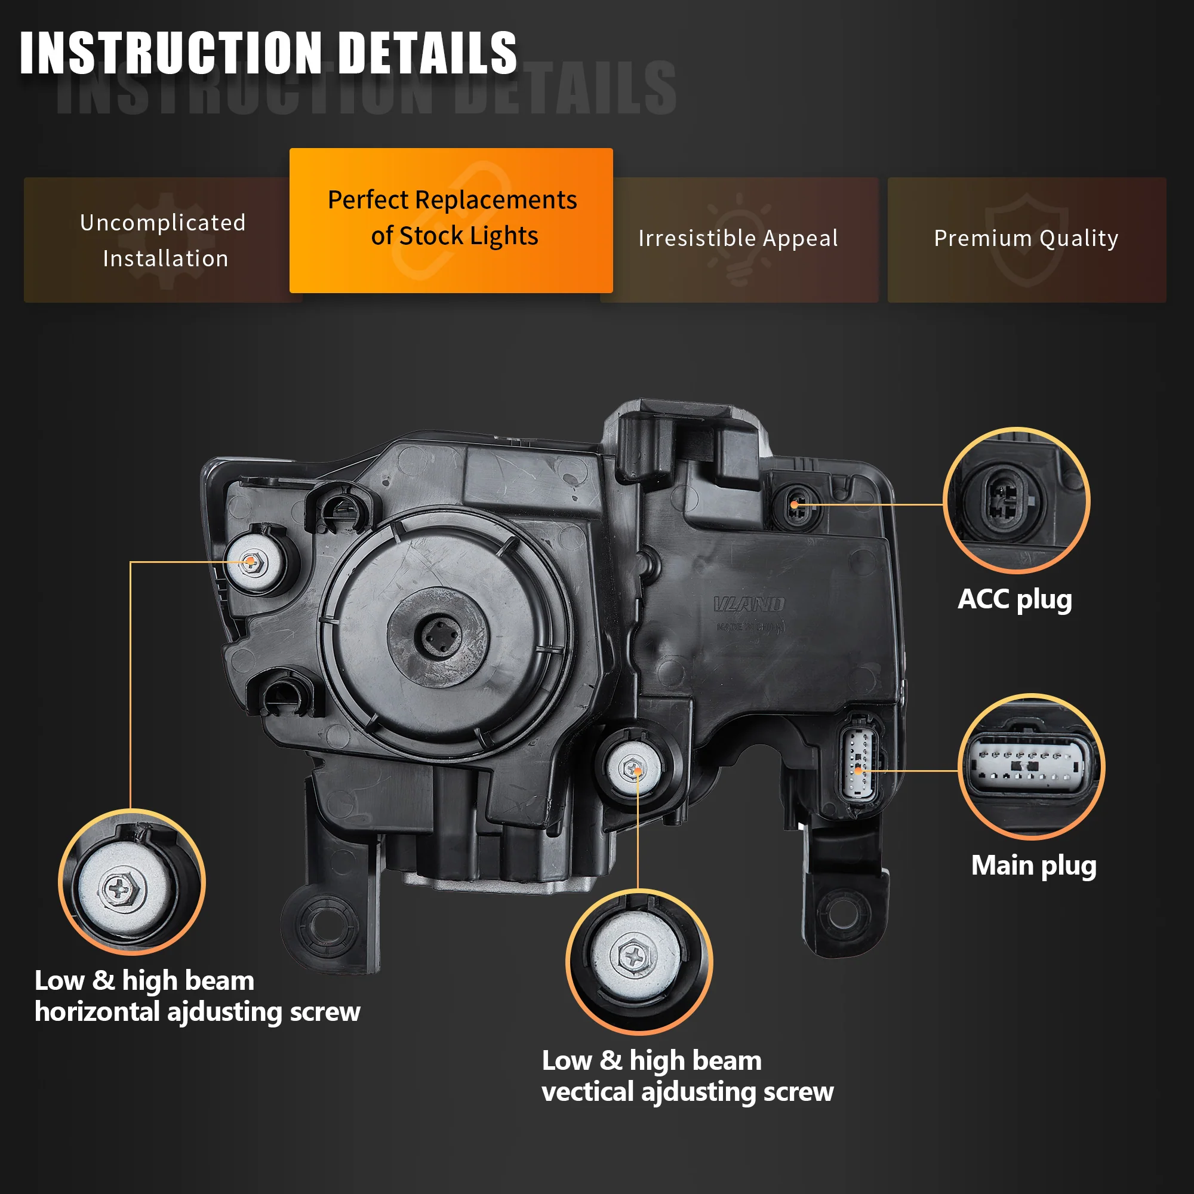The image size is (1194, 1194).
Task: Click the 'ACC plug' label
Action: (1014, 599)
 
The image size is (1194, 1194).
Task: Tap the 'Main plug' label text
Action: (1033, 865)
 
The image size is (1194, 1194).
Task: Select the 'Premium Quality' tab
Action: (1026, 239)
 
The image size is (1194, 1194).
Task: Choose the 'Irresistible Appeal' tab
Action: (738, 239)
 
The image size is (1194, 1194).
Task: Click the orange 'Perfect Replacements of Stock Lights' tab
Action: (451, 219)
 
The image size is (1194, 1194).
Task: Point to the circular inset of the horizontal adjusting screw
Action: (131, 882)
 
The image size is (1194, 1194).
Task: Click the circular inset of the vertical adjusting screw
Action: (639, 961)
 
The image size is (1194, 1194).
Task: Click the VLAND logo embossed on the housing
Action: (749, 604)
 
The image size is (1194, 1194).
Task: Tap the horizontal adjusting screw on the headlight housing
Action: (251, 562)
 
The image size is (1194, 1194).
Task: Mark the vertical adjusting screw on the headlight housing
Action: (633, 770)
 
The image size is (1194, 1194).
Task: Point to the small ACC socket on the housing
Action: (796, 506)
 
